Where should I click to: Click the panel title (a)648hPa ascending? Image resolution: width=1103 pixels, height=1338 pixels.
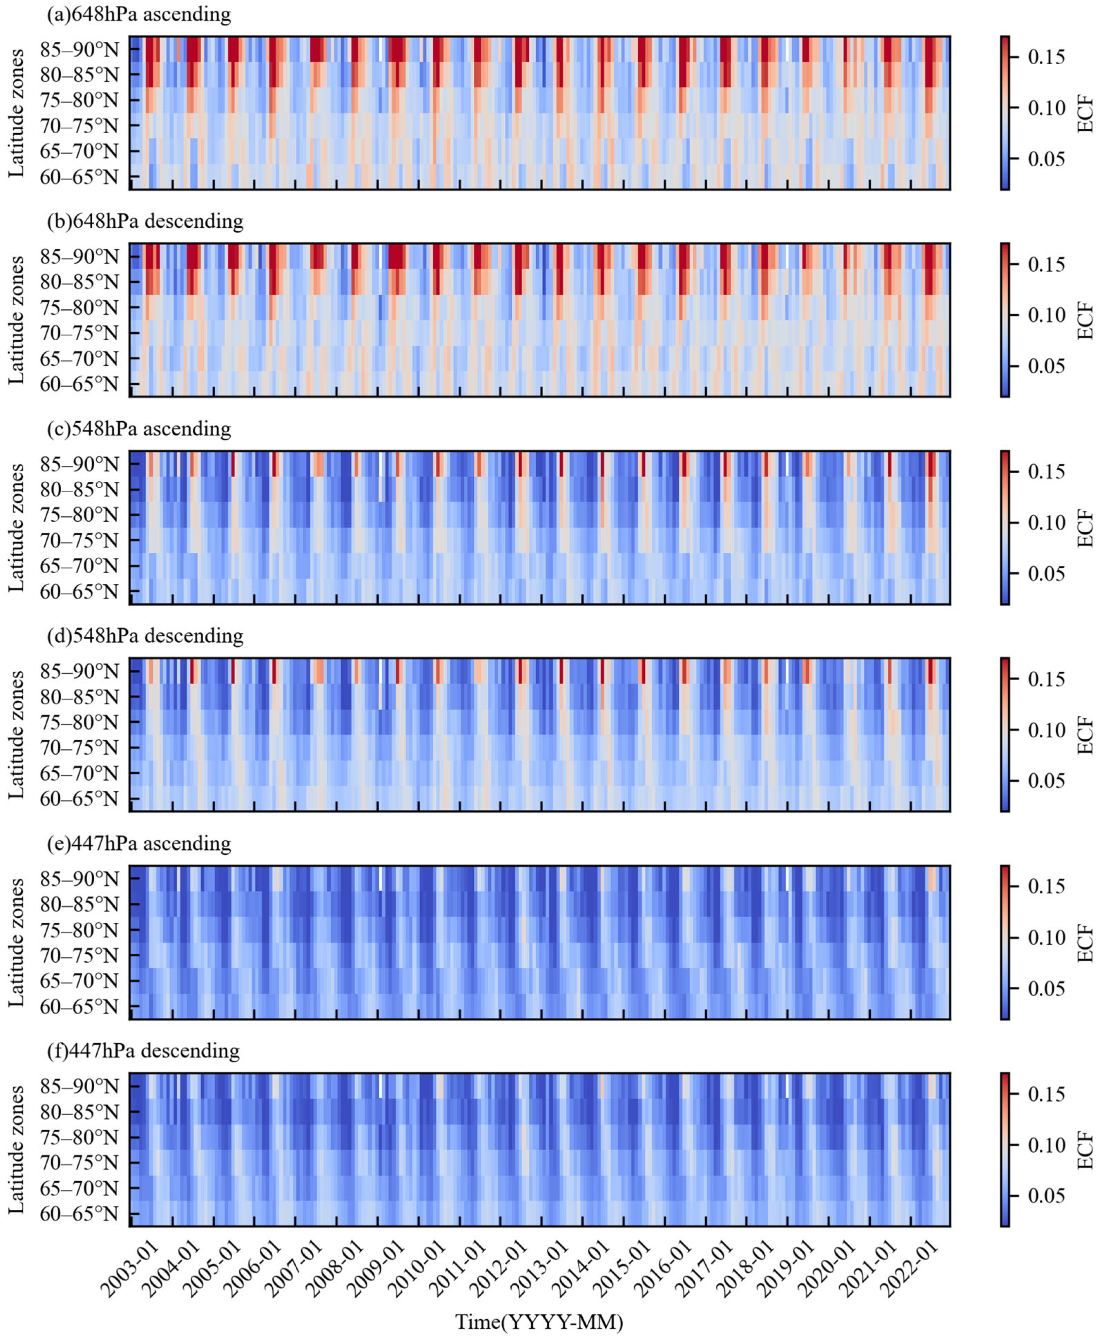139,14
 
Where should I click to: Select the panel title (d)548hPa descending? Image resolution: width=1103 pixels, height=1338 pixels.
145,636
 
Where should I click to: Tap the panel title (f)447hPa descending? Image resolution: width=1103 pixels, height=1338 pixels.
143,1051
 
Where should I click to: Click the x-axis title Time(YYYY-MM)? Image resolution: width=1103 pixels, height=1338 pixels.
539,1322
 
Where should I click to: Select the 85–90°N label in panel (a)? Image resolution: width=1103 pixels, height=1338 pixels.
79,49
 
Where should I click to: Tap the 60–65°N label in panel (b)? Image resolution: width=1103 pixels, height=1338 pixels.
79,384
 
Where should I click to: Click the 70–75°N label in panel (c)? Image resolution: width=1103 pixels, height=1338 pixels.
79,541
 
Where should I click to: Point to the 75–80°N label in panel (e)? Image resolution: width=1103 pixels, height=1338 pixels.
79,930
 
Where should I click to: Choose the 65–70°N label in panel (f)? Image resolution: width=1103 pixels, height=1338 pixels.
79,1189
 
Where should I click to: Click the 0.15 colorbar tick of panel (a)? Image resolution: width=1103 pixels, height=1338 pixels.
1046,57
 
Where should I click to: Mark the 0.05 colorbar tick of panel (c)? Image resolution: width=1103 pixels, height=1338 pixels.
1046,574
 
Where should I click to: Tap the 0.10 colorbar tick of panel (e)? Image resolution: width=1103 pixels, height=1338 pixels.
1046,938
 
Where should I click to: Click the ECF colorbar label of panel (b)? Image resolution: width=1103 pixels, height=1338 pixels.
1085,320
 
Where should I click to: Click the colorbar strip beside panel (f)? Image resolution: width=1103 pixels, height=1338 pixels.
1004,1150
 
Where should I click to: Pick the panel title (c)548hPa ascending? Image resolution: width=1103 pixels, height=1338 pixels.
139,429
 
